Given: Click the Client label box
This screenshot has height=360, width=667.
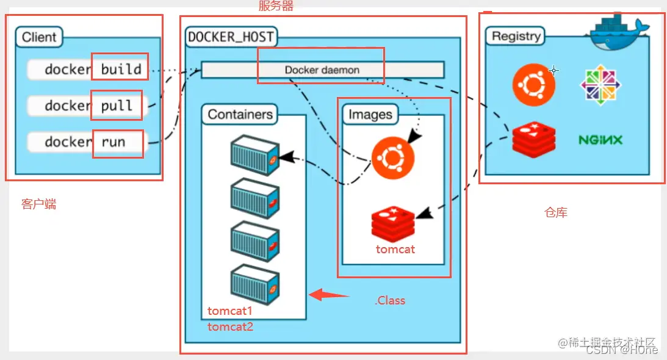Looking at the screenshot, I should coord(39,37).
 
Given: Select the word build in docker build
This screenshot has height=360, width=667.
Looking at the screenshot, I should coord(121,69).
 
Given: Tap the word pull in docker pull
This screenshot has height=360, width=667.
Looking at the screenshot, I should coord(117,106).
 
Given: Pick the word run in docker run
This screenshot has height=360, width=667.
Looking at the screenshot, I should coord(114,142).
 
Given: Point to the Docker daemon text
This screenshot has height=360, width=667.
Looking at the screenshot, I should coord(322,70).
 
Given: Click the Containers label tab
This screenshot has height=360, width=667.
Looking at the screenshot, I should coord(239,114).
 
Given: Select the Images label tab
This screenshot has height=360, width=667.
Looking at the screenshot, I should coord(370,114).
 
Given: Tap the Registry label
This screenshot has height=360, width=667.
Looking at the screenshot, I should coord(516,36).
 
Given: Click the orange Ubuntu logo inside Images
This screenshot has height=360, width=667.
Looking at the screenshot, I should coord(392,157).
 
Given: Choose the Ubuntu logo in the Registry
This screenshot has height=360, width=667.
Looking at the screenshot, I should coord(534,84).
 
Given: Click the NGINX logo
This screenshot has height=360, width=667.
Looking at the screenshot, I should coord(600,140).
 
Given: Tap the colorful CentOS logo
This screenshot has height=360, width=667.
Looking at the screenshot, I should coord(600,84).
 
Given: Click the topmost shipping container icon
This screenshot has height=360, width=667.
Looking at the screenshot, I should coord(255,154).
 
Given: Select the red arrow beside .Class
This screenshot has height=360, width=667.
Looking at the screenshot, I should coord(328,296).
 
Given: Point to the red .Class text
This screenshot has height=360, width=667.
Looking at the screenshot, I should coord(390,300).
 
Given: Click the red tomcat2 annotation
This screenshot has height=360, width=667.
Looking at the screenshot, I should coord(230,326).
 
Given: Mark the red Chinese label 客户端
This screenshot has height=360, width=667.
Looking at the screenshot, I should coord(38,204).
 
